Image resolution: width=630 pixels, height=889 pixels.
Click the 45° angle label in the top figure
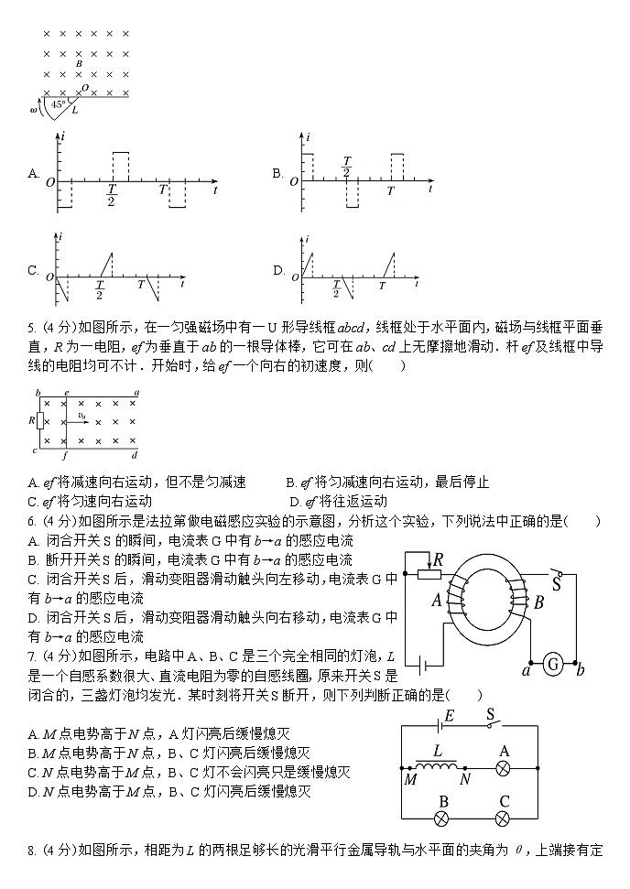57,104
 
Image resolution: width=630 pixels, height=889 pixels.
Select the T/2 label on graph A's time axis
111,195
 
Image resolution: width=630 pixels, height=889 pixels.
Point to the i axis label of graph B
309,136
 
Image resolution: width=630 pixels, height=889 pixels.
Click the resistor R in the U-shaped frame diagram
39,420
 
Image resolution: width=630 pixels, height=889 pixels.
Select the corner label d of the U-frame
135,454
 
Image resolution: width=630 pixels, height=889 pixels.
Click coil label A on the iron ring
437,600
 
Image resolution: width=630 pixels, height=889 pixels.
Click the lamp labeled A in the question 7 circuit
502,768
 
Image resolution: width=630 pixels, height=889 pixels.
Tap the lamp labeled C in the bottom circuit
503,817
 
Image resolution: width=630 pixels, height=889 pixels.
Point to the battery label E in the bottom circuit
449,715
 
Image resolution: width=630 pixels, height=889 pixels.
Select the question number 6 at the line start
31,522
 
